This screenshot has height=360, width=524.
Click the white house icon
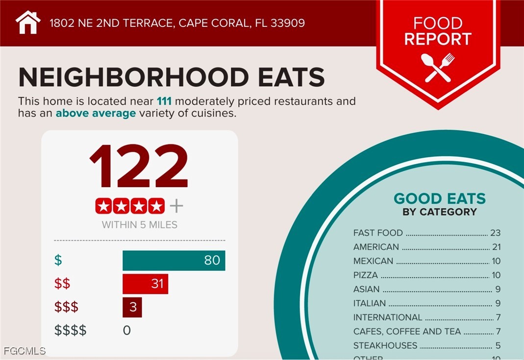pos(28,23)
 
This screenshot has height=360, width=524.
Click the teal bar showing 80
pos(174,261)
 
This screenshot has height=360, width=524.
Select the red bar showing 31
pos(145,284)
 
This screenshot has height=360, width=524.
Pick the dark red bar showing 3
pos(132,308)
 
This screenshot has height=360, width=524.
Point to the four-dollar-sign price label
pos(71,331)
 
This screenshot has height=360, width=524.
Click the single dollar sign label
pos(58,261)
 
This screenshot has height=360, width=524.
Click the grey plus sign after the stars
pos(176,206)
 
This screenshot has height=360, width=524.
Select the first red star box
pos(103,206)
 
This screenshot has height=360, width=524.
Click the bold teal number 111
pos(164,102)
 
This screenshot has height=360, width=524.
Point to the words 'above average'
pos(96,114)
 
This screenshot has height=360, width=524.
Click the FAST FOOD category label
pos(378,233)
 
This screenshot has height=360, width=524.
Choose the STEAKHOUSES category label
pos(385,345)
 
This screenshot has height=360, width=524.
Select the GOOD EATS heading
pos(440,198)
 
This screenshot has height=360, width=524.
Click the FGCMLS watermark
pos(25,351)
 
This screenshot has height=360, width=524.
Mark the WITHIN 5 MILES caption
pos(140,225)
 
